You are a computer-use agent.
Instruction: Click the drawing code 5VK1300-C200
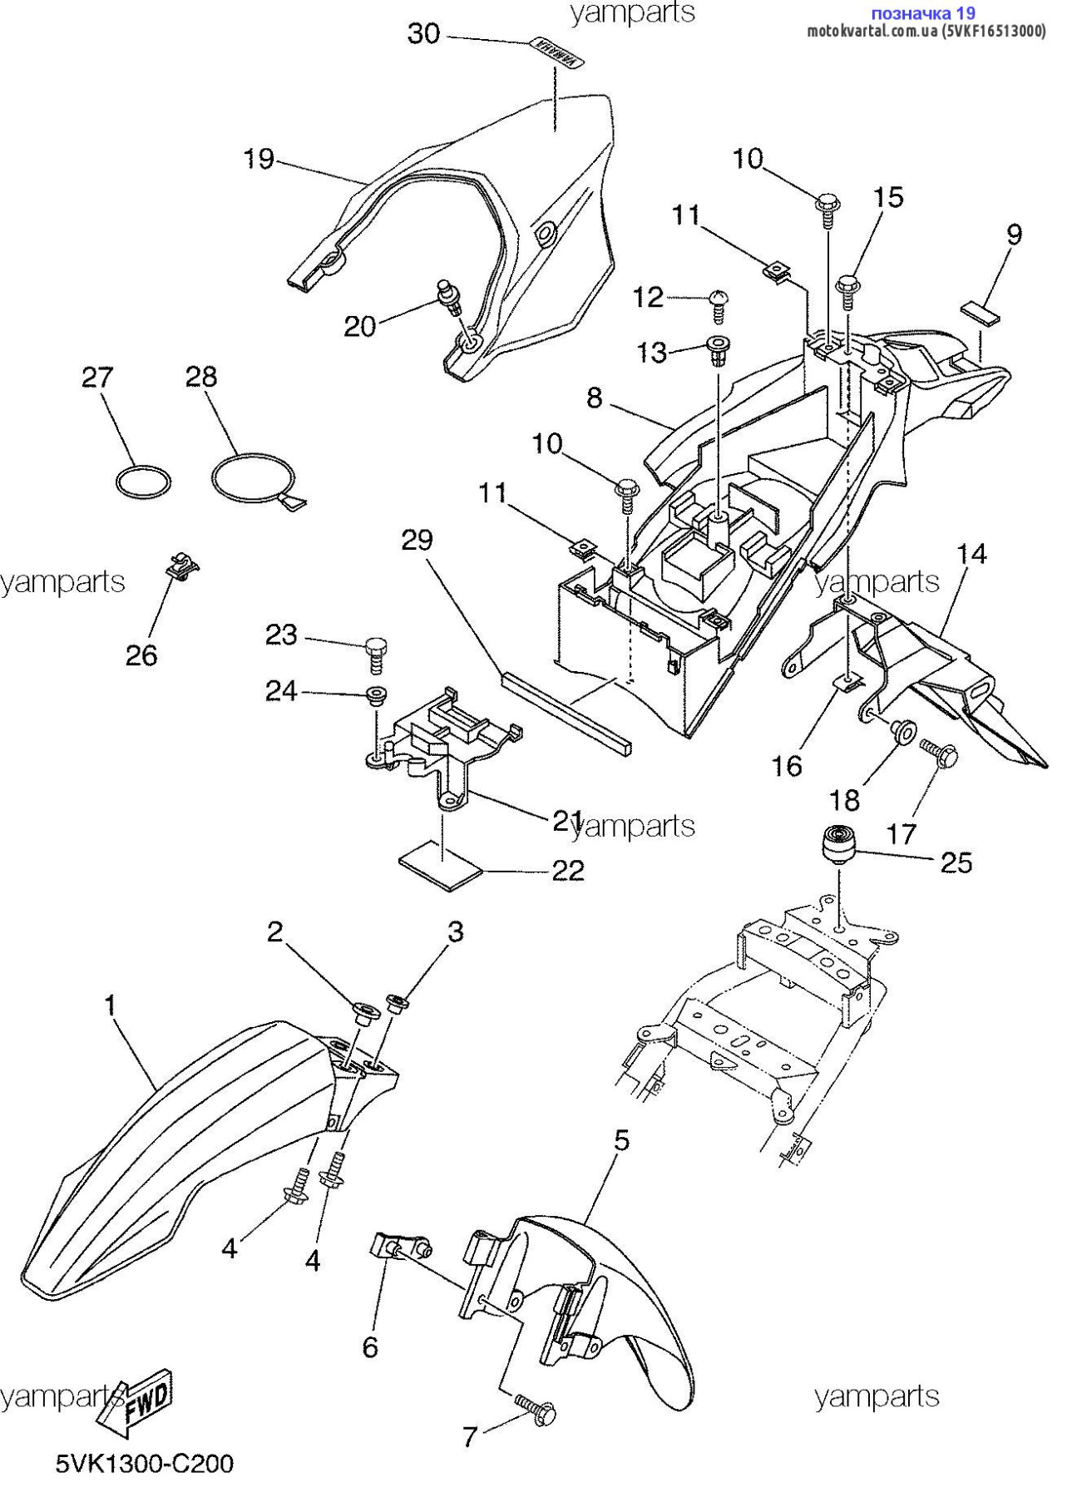tap(145, 1464)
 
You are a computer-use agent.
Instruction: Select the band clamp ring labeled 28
tap(250, 479)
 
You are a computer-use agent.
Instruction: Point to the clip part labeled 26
tap(181, 566)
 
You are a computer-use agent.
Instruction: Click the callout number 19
tap(259, 158)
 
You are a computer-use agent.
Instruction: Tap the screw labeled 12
tap(718, 306)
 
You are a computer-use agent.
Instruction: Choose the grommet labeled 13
tap(716, 351)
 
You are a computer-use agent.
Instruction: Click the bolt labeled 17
tap(938, 753)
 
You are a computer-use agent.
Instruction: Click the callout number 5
tap(621, 1140)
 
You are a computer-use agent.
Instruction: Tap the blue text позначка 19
tap(922, 13)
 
